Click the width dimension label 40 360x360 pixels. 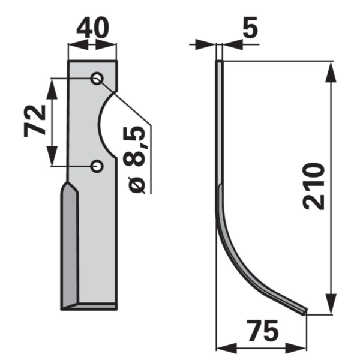93,28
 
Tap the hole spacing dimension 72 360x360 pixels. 35,121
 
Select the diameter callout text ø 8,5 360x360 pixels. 134,160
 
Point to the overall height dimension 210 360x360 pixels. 314,187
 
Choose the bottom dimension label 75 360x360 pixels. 262,331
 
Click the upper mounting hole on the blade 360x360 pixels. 97,79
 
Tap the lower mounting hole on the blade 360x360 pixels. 97,166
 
